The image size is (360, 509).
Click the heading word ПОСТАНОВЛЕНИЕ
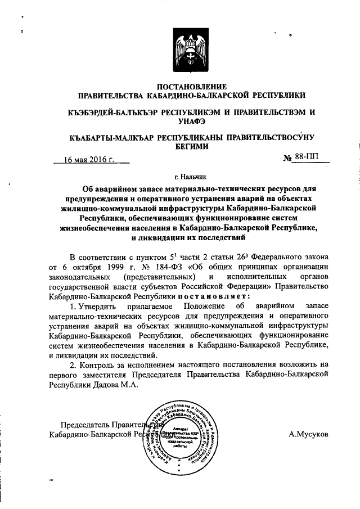pyautogui.click(x=191, y=87)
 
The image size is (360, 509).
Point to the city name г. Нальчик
pyautogui.click(x=191, y=176)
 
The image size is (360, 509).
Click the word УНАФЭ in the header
pyautogui.click(x=191, y=121)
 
